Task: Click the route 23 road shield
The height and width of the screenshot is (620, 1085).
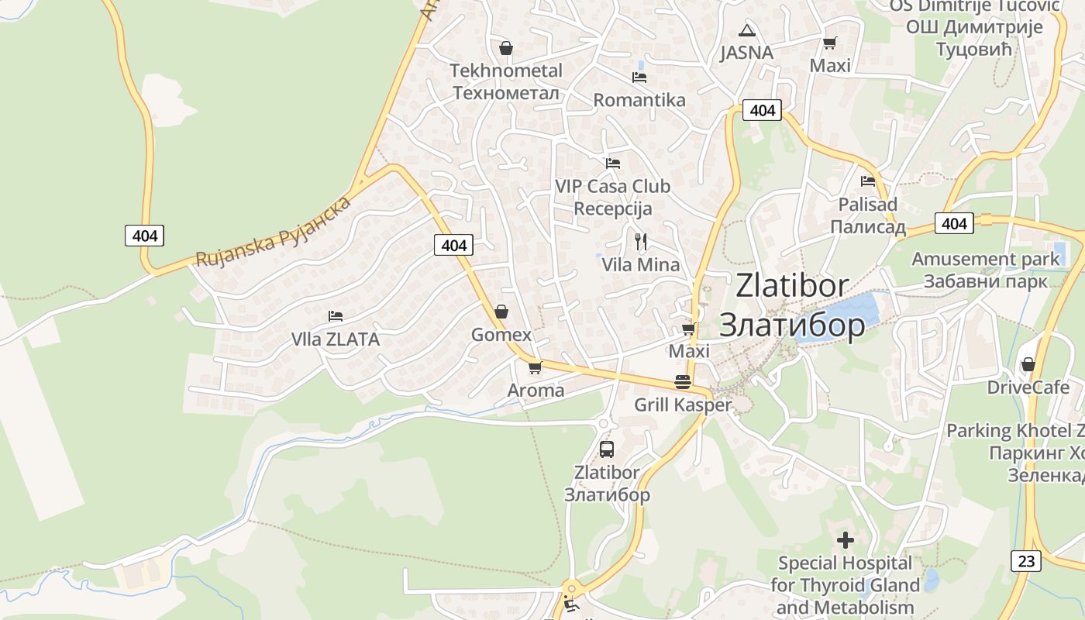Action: coord(1026,561)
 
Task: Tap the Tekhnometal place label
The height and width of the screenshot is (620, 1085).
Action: coord(506,81)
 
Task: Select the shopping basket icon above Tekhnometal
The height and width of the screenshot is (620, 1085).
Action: coord(506,48)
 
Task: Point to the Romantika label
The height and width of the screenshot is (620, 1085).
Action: coord(639,100)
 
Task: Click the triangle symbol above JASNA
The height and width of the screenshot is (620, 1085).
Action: coord(746,31)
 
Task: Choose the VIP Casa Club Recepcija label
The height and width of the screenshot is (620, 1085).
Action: coord(612,198)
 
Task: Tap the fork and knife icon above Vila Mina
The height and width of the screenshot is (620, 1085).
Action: coord(640,241)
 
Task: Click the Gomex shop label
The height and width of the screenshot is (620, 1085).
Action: coord(501,335)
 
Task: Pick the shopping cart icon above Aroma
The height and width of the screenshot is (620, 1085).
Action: coord(535,367)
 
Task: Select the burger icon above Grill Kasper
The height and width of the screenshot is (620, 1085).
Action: coord(683,381)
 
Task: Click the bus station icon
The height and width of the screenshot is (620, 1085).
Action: coord(607,449)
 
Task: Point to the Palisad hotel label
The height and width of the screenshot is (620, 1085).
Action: coord(868,215)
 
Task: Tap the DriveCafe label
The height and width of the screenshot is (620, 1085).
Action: coord(1028,387)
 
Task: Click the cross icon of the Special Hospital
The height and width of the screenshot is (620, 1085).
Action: coord(846,539)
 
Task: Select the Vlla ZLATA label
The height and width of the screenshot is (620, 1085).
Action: coord(336,339)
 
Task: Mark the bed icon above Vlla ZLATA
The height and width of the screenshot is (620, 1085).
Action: coord(336,316)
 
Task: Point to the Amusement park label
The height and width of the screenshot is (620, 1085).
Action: coord(985,270)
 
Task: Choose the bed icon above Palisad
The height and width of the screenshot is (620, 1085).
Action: coord(868,181)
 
